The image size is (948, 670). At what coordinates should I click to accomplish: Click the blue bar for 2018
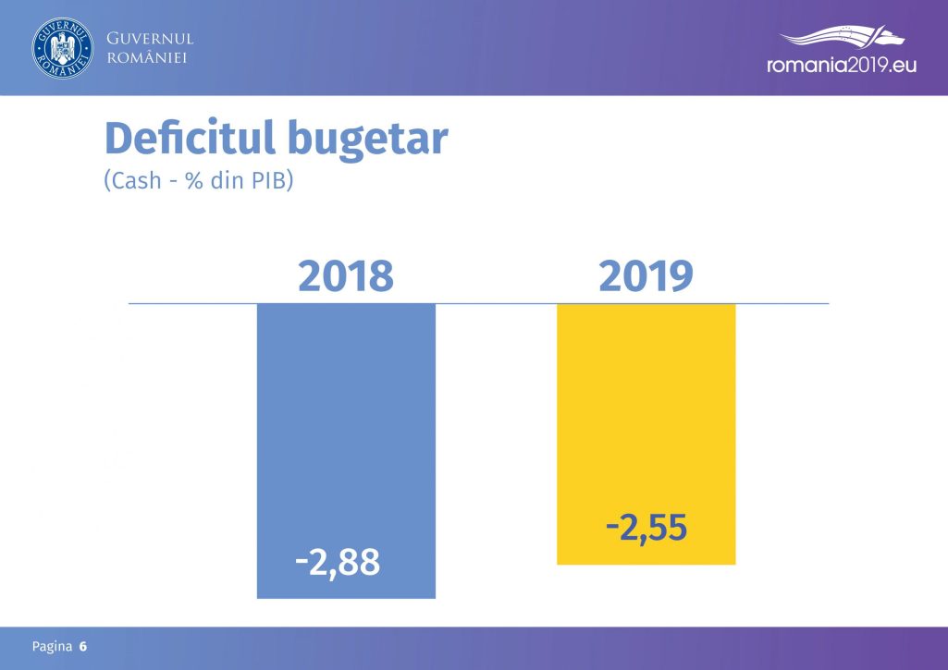coord(346,451)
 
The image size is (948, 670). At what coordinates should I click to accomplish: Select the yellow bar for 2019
coord(646,433)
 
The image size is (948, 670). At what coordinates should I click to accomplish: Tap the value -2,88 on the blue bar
coord(338,563)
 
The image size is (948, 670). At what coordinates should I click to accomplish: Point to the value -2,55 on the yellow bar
coord(646,529)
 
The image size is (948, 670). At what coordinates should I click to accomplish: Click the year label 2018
coord(346,276)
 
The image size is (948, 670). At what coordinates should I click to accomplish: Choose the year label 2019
coord(646,276)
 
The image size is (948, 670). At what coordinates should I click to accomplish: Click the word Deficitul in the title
coord(191,138)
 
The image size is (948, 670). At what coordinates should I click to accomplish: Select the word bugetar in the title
coord(368,140)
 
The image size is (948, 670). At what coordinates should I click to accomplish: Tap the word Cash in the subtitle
coord(136,180)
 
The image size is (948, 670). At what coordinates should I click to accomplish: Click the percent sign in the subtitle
coord(194,180)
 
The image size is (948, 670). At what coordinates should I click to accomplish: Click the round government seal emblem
coord(63,48)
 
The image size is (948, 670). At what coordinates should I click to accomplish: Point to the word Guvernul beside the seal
coord(150,39)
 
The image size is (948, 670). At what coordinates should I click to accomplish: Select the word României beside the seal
coord(147,57)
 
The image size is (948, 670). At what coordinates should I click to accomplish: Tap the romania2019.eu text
coord(842,65)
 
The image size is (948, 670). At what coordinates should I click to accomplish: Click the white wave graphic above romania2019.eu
coord(842,36)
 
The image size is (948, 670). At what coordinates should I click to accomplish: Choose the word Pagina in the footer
coord(52,647)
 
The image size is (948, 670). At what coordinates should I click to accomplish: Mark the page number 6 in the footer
coord(83,647)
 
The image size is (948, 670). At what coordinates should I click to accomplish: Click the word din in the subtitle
coord(227,180)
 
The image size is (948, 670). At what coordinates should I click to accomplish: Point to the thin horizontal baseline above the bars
coord(478,303)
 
